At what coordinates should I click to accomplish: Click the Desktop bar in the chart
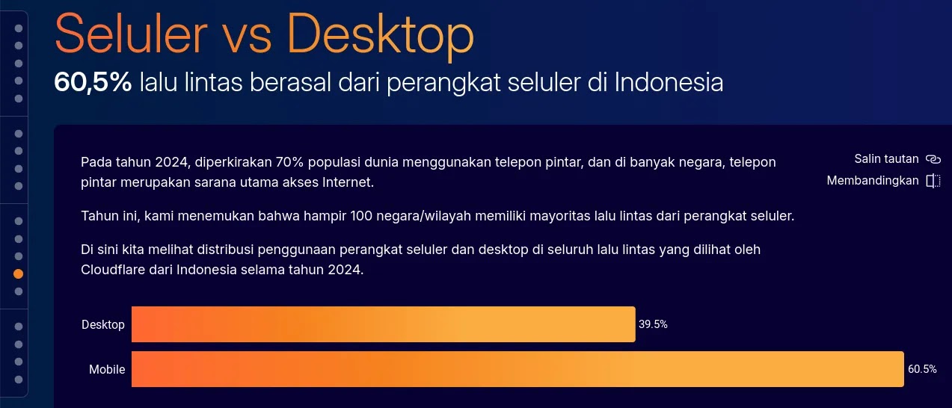pyautogui.click(x=384, y=324)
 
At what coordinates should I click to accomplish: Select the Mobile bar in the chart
pyautogui.click(x=518, y=369)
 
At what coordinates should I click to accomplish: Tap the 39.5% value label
pyautogui.click(x=653, y=324)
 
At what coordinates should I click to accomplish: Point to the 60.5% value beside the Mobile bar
pyautogui.click(x=922, y=369)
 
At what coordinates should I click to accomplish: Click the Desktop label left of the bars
pyautogui.click(x=103, y=324)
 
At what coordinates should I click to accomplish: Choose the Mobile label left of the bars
pyautogui.click(x=107, y=369)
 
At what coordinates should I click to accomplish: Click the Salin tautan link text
pyautogui.click(x=886, y=158)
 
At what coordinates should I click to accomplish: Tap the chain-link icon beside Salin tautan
pyautogui.click(x=933, y=159)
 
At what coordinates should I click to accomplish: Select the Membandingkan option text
pyautogui.click(x=873, y=181)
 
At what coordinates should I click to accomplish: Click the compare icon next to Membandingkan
pyautogui.click(x=933, y=181)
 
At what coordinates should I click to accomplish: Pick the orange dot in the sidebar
pyautogui.click(x=18, y=273)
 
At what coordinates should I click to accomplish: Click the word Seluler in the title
pyautogui.click(x=131, y=34)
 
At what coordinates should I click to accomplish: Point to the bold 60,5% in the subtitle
pyautogui.click(x=93, y=81)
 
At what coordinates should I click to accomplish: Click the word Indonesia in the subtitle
pyautogui.click(x=669, y=81)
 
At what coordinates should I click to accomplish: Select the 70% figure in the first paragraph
pyautogui.click(x=289, y=161)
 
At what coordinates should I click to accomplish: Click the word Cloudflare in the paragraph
pyautogui.click(x=113, y=270)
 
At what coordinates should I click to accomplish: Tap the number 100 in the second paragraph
pyautogui.click(x=361, y=216)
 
